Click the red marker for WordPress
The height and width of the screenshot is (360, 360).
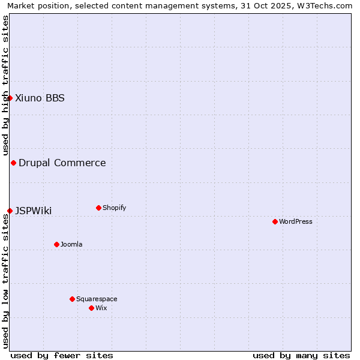click(275, 221)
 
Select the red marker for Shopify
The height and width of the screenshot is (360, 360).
click(98, 208)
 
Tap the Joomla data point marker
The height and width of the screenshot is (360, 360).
click(56, 244)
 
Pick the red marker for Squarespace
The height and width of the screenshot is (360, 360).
click(72, 299)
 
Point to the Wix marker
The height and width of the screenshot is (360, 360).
click(91, 308)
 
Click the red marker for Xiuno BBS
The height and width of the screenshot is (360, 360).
click(10, 98)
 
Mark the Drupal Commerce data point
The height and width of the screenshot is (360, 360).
click(13, 163)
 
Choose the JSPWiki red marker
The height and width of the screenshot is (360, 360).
click(10, 211)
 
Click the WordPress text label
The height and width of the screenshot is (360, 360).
click(296, 221)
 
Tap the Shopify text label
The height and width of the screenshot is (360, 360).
click(115, 208)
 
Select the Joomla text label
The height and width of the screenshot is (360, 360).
click(71, 244)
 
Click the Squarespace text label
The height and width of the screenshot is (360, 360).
click(97, 299)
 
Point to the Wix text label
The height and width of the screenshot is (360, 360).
click(101, 308)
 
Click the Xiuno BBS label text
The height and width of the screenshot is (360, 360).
click(40, 98)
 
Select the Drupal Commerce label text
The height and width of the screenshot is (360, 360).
click(62, 163)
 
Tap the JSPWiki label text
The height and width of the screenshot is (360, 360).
click(34, 211)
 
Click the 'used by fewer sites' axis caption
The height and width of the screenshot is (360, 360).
click(62, 355)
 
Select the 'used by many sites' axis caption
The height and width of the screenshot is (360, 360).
click(301, 355)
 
